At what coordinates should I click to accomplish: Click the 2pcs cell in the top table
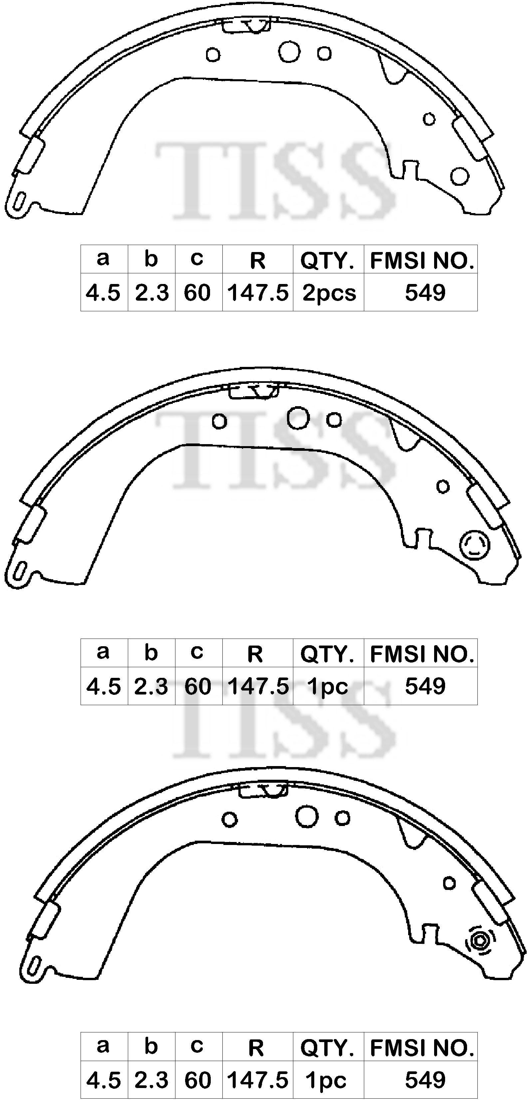point(329,293)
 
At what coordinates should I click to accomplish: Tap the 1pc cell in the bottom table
point(326,1080)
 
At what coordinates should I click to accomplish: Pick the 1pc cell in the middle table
point(328,686)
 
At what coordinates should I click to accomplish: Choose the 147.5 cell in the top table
point(258,293)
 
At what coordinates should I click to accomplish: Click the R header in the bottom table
point(256,1048)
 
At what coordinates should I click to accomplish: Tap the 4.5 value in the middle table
point(103,686)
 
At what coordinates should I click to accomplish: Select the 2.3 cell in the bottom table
point(151,1080)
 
